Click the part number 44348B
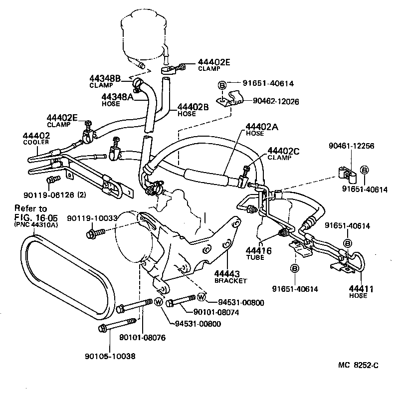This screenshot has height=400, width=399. point(105,78)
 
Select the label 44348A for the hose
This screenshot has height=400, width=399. point(118,97)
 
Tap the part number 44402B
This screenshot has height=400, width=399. point(193,107)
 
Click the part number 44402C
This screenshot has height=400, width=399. point(284,150)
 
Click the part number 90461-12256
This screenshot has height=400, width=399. point(352,146)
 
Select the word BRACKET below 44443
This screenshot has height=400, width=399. point(230,281)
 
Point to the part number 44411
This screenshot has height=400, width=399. point(358,288)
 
